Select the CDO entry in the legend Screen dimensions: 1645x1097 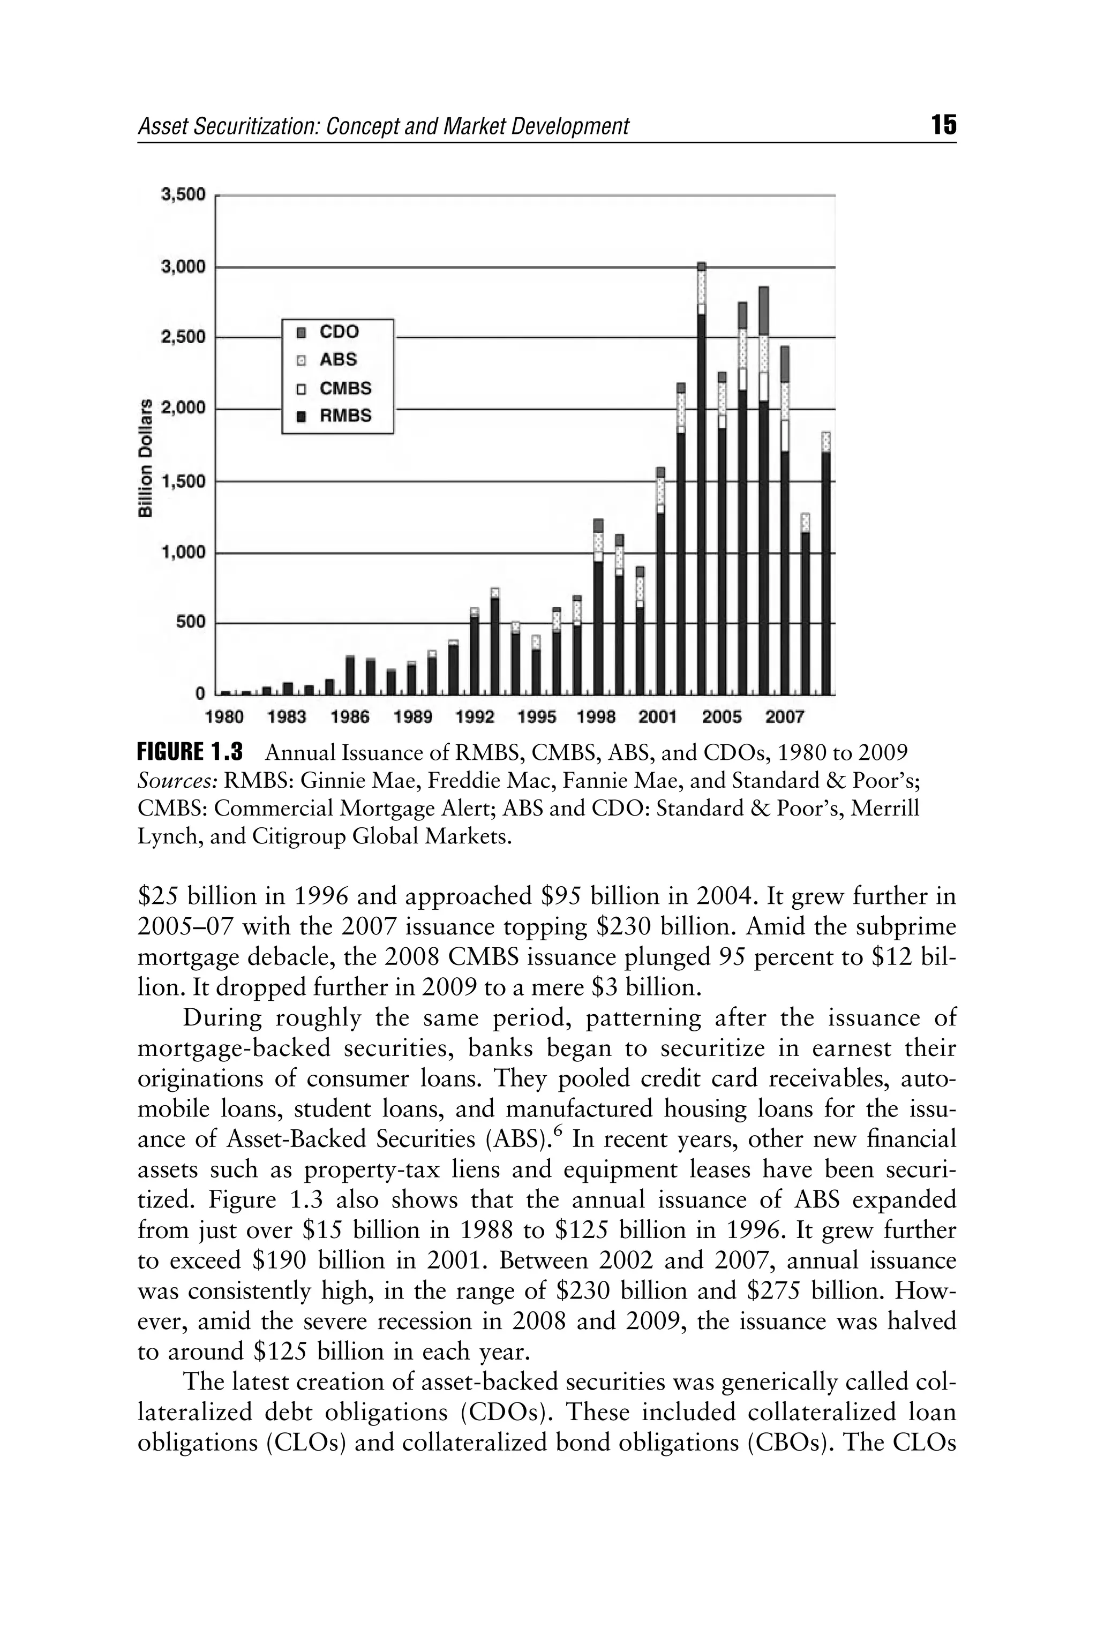coord(339,332)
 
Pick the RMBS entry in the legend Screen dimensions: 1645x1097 coord(345,416)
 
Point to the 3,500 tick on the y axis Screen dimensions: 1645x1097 coord(183,194)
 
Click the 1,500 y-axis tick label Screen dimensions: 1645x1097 coord(183,481)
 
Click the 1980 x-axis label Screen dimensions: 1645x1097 coord(224,717)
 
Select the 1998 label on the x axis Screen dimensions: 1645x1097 coord(596,717)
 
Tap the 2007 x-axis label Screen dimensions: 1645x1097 coord(784,717)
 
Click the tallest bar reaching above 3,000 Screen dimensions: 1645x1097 coord(701,489)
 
